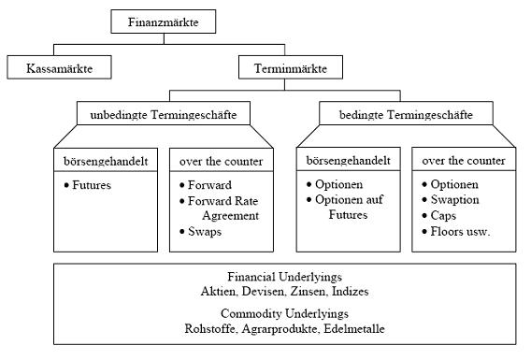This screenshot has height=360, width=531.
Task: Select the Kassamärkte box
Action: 59,68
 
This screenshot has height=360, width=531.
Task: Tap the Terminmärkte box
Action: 290,68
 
